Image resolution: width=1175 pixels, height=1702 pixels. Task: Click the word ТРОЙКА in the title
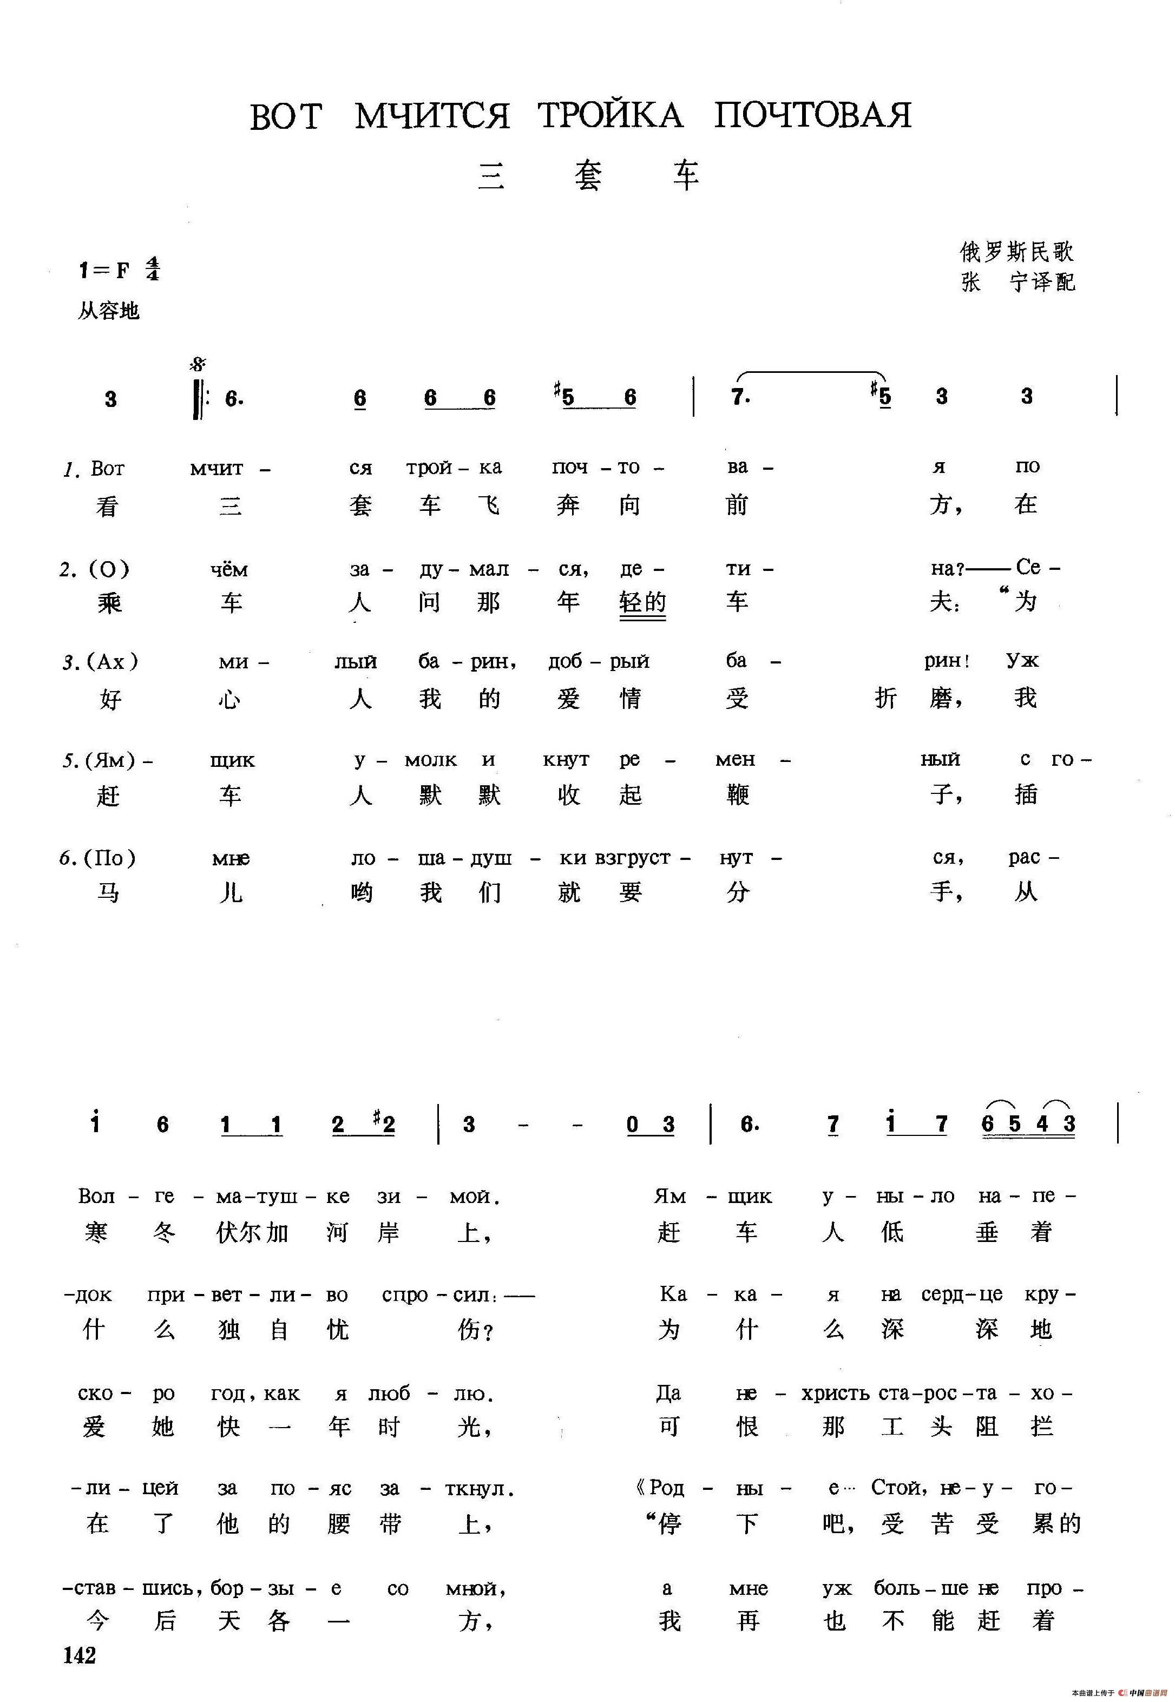coord(611,116)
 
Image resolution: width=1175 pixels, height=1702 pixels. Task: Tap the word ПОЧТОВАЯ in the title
coord(813,116)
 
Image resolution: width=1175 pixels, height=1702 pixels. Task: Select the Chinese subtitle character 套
coord(588,176)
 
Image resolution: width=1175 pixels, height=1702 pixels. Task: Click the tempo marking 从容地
coord(108,311)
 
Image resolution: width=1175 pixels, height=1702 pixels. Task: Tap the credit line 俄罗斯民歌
coord(1016,253)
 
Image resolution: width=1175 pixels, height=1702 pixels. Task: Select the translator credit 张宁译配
coord(1018,282)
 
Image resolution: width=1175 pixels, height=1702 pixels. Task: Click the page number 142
coord(80,1655)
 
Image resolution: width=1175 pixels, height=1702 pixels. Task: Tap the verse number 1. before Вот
coord(71,469)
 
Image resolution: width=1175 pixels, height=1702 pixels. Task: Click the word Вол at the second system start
coord(96,1196)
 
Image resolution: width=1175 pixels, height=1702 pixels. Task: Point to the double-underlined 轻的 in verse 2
coord(643,603)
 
